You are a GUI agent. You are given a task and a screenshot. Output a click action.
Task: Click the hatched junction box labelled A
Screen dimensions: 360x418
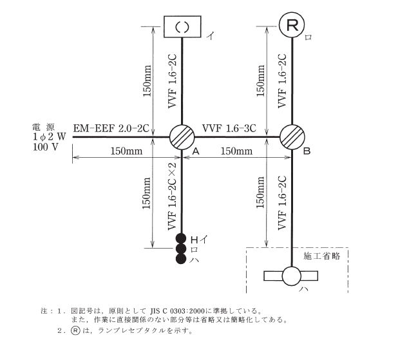[182, 137]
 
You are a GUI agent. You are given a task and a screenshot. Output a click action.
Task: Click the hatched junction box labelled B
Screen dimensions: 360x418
[293, 137]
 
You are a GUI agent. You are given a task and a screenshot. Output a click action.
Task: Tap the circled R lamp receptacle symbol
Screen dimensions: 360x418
[292, 26]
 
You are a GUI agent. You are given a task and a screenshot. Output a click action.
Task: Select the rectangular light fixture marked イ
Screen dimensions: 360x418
[182, 26]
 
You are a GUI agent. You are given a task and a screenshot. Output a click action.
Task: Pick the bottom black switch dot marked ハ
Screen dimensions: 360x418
[182, 259]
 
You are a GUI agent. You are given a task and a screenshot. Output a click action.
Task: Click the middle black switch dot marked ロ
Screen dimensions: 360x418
[182, 249]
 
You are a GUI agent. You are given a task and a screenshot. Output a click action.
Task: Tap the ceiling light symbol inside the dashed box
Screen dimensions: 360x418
[292, 276]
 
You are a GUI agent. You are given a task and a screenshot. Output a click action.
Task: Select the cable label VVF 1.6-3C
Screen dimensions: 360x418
[229, 128]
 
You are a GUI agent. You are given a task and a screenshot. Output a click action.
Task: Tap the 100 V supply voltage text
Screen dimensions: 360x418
[44, 147]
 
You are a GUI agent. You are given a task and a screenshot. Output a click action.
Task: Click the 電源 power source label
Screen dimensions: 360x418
[44, 127]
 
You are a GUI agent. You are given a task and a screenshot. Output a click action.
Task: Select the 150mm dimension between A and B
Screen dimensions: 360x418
[236, 151]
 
